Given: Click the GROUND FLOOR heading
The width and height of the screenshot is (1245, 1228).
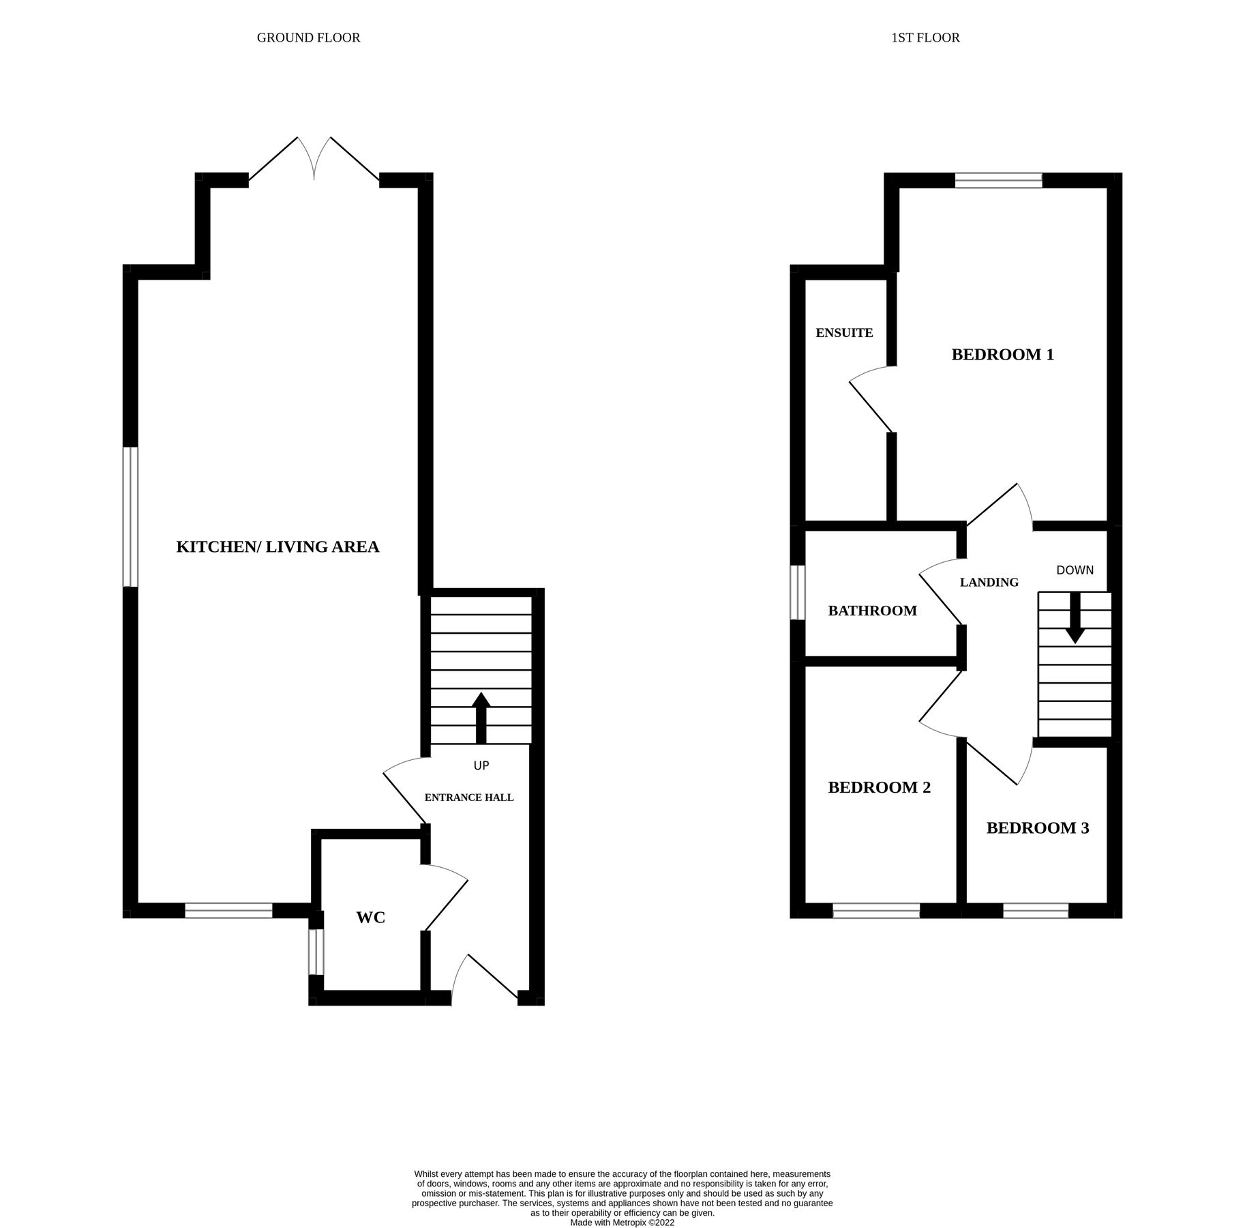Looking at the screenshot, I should [x=308, y=38].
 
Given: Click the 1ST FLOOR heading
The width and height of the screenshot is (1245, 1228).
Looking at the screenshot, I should [x=925, y=38].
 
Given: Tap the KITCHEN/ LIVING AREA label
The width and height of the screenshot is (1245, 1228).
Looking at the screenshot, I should [x=277, y=547].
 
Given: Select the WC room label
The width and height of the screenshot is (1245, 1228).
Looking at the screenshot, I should [x=370, y=918].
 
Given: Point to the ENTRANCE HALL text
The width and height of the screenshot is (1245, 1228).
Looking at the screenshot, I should [x=469, y=798].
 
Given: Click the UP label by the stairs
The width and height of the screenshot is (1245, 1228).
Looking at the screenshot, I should [x=481, y=765].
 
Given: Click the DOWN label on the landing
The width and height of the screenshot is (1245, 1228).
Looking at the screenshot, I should [x=1075, y=570].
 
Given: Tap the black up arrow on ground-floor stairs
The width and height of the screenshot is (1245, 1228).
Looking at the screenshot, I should [x=481, y=717].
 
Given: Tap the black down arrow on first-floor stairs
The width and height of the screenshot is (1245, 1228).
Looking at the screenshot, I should [x=1075, y=618].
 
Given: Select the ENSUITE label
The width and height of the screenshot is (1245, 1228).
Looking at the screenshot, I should [x=844, y=333].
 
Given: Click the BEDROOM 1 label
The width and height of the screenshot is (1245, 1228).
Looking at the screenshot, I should [x=1002, y=355].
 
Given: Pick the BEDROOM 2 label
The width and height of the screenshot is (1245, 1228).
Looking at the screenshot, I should [x=879, y=788].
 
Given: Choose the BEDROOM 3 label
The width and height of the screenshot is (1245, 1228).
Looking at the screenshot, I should [x=1037, y=828].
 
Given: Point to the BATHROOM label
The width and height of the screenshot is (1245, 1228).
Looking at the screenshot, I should [x=872, y=611].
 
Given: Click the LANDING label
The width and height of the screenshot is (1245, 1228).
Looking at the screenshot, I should [x=989, y=583].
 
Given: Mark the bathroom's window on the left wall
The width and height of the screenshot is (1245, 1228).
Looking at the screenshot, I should [x=797, y=592].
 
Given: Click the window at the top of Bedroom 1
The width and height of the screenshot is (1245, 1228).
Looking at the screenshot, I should [x=998, y=180].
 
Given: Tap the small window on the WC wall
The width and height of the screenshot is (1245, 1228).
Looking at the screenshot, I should [x=316, y=952].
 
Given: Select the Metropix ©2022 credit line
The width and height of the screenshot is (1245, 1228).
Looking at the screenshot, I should [x=622, y=1223].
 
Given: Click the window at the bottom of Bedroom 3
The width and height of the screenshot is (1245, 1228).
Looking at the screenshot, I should [x=1035, y=911].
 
